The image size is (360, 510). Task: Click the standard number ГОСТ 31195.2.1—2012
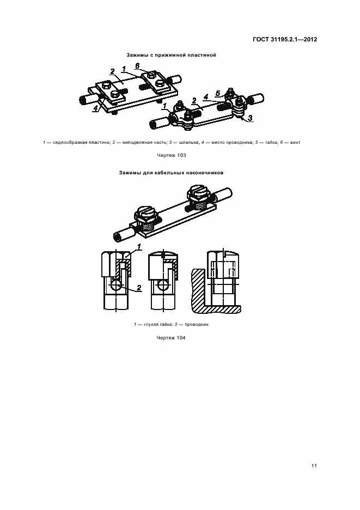[285, 39]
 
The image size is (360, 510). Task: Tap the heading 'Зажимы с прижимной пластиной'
[172, 55]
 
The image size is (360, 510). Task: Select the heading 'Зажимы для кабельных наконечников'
[172, 173]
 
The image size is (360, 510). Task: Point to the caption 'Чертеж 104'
[172, 338]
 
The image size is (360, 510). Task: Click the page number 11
[314, 466]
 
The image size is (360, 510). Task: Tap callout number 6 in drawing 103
[137, 66]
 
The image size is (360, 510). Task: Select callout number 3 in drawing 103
[249, 118]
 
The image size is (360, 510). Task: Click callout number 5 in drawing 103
[217, 94]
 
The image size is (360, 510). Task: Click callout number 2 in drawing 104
[139, 287]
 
